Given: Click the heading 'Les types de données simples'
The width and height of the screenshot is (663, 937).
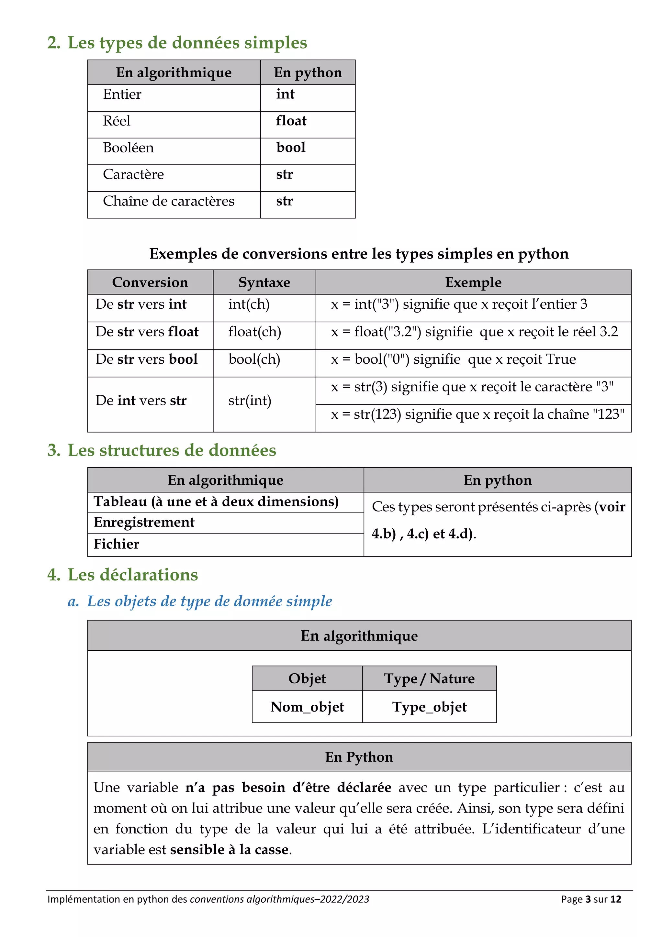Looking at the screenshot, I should point(187,43).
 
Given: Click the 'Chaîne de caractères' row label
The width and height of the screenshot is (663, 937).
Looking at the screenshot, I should point(169,201).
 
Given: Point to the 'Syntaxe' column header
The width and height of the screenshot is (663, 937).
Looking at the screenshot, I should point(264,282).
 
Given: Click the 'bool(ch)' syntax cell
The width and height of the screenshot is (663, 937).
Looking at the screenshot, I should point(254,359).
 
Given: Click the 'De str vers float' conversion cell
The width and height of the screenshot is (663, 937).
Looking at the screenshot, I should point(147,332).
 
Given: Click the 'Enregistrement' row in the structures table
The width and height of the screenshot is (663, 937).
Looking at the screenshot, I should point(144,522).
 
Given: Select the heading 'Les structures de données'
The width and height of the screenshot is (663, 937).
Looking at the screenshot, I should point(172,450).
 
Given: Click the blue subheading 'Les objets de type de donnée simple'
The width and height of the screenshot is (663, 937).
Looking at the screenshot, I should point(209,601).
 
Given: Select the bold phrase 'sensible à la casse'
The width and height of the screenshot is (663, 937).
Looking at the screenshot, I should point(229,849).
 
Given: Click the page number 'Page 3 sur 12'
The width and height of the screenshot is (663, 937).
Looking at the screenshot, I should point(591,899).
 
